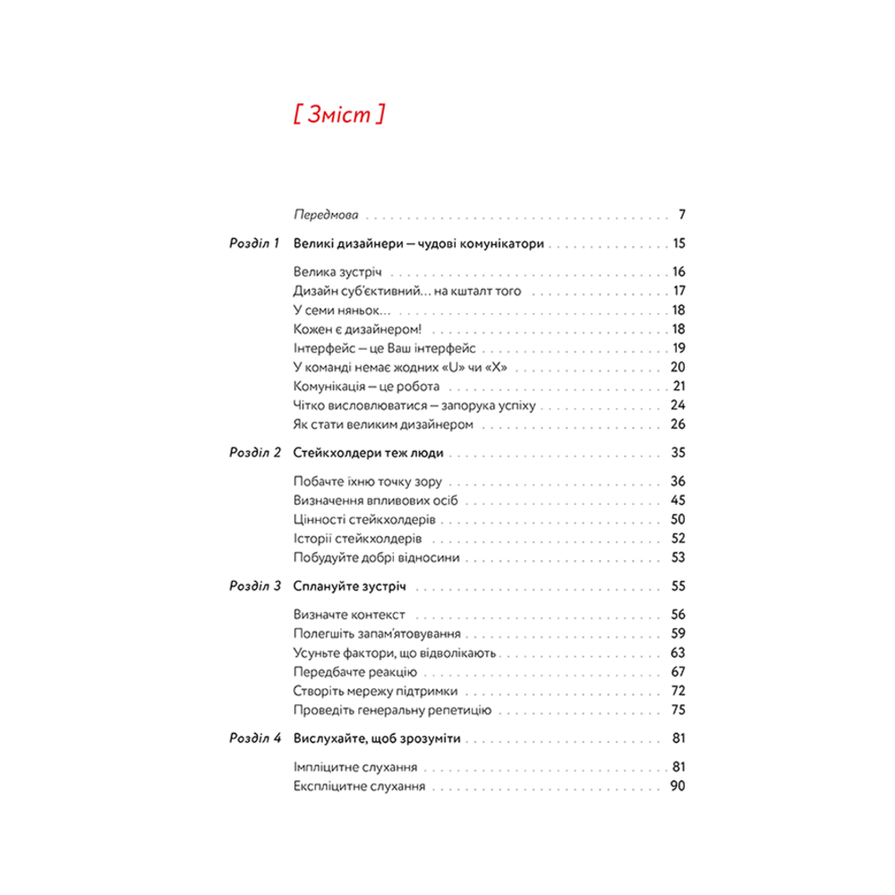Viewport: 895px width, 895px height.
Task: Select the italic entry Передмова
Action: coord(326,216)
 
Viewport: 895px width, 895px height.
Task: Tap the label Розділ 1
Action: coord(255,243)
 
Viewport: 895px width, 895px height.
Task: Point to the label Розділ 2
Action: coord(255,453)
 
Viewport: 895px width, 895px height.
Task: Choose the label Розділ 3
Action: coord(255,587)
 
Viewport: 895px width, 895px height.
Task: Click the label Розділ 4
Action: coord(255,739)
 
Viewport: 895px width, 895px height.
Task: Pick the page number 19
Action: coord(678,348)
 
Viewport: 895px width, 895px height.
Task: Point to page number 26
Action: coord(678,424)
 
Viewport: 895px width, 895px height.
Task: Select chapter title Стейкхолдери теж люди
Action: coord(368,453)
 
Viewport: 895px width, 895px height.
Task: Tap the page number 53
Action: coord(678,558)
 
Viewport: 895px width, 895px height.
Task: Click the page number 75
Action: coord(678,710)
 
